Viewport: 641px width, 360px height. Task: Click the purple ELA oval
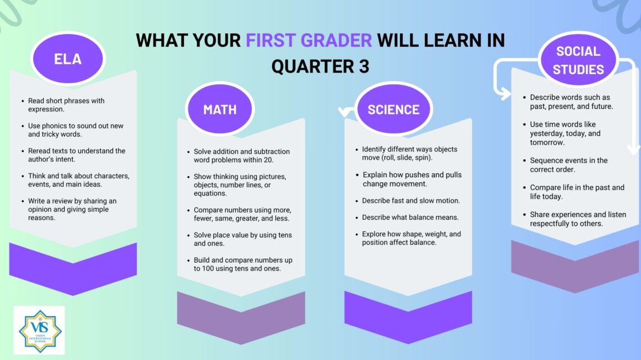coord(68,58)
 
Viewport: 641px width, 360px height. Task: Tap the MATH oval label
coord(220,109)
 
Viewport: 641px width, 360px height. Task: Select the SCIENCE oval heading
coord(393,109)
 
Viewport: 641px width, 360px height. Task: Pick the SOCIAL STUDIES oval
coord(578,60)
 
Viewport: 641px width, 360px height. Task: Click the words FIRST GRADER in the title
coord(309,40)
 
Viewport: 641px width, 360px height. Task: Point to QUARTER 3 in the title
coord(320,66)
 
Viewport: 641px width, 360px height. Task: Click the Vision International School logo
coord(39,330)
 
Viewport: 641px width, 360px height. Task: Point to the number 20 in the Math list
coord(268,160)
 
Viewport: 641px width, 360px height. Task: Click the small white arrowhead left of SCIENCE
coord(345,111)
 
